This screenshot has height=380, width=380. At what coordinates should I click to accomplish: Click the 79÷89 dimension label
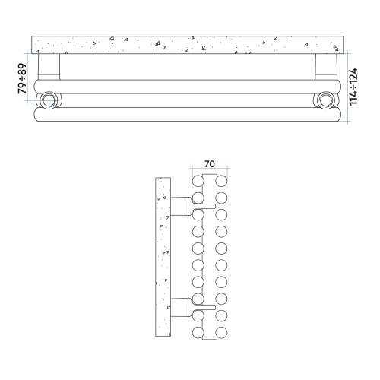click(x=22, y=78)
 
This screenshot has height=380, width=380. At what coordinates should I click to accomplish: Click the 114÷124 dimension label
click(x=353, y=86)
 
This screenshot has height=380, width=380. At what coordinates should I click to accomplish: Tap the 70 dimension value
click(x=210, y=164)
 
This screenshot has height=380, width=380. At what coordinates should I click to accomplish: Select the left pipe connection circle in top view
click(x=48, y=100)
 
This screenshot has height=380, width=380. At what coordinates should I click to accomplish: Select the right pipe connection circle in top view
click(x=325, y=100)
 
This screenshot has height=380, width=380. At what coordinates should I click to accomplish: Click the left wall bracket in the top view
click(x=49, y=67)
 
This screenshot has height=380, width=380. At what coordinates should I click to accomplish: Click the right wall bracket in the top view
click(x=326, y=67)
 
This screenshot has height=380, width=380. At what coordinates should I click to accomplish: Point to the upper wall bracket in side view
click(x=180, y=206)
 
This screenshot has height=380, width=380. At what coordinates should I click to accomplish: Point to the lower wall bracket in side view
click(x=180, y=307)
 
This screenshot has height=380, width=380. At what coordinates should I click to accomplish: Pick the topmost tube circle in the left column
click(x=198, y=181)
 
